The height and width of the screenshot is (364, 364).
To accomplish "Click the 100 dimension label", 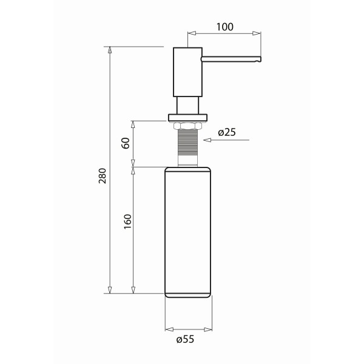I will click(x=224, y=27).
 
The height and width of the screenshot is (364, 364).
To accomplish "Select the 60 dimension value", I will click(x=126, y=143).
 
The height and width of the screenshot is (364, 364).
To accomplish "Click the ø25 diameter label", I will click(x=226, y=132).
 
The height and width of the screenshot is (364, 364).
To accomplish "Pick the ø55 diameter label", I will click(x=185, y=340).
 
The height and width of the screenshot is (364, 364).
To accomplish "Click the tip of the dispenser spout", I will click(x=260, y=59).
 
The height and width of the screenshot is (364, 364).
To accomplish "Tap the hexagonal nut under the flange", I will click(x=188, y=126).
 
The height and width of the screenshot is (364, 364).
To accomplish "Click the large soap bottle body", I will click(x=188, y=231).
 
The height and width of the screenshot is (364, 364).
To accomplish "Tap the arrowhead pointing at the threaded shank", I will click(x=208, y=141).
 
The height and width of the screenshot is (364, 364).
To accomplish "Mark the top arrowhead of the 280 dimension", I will click(x=110, y=51).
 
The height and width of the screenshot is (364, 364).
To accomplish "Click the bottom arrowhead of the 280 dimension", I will click(x=110, y=289).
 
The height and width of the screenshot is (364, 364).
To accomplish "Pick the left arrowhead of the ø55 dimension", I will click(x=169, y=330).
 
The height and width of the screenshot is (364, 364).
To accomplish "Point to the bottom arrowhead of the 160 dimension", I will click(x=133, y=289).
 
